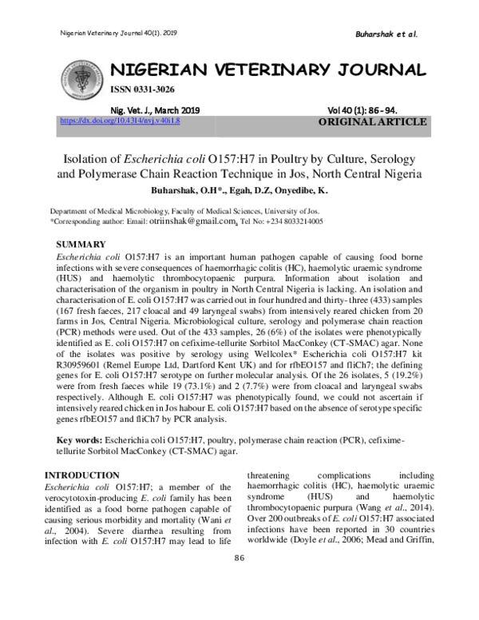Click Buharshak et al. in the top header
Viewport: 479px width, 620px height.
[386, 34]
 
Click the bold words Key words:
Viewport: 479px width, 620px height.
[79, 440]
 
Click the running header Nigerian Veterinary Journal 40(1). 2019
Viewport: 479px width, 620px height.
[119, 33]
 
